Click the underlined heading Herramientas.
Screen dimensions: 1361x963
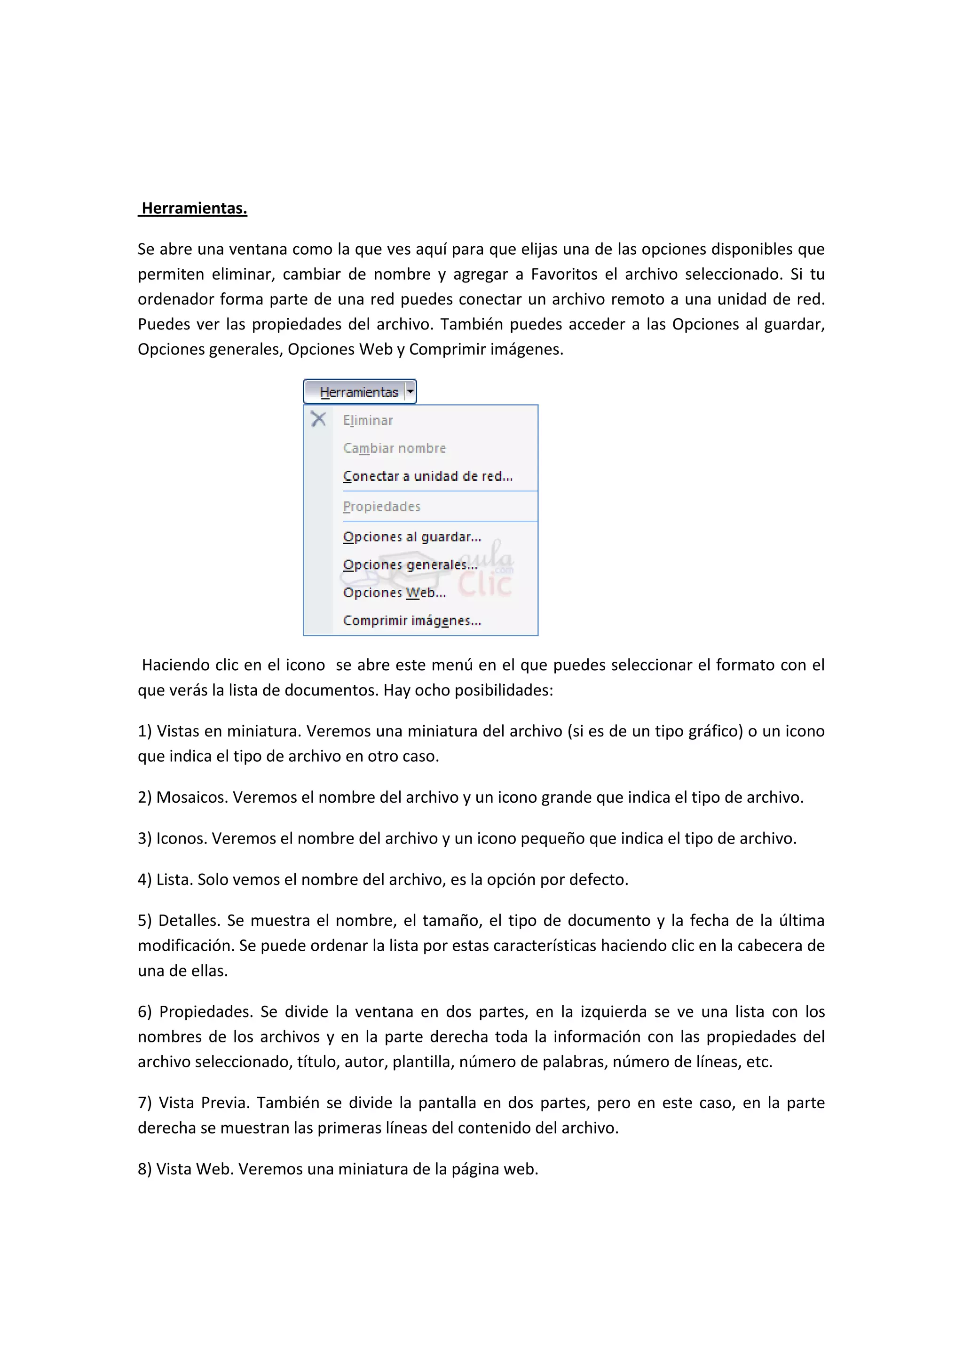click(194, 208)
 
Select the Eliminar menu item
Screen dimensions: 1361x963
click(368, 420)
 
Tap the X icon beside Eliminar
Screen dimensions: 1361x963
click(318, 419)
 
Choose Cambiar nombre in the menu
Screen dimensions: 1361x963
click(395, 448)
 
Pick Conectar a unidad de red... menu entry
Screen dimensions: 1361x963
click(427, 476)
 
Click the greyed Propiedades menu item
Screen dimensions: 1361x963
click(381, 506)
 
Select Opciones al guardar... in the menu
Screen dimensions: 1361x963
click(411, 536)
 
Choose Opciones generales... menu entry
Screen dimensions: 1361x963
click(410, 564)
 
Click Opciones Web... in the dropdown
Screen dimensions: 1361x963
click(395, 592)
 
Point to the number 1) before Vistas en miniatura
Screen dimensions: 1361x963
click(145, 731)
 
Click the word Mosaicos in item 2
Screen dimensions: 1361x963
click(191, 797)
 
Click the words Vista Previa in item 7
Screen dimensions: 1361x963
click(204, 1103)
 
